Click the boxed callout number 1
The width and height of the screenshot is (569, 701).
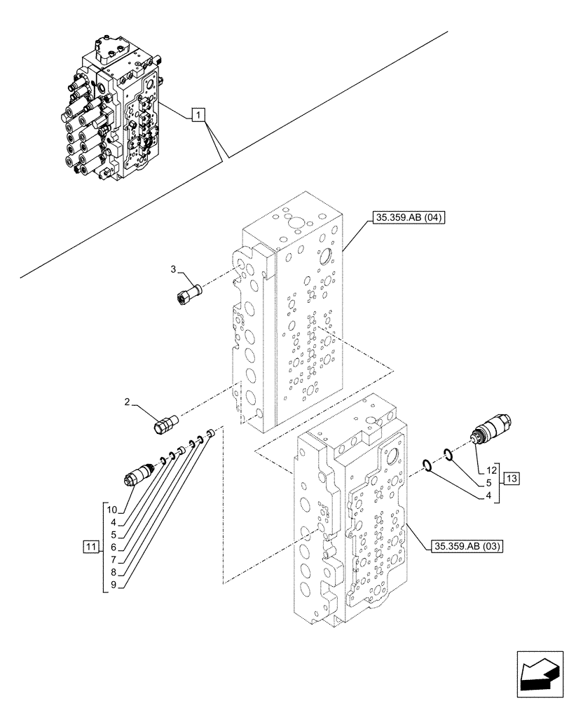click(199, 115)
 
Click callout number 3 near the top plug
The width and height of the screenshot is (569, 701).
click(173, 269)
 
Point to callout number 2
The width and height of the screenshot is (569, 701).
click(127, 402)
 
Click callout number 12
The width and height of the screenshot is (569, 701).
click(491, 468)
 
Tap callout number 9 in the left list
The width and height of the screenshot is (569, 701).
click(112, 583)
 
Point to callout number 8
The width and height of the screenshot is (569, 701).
click(112, 571)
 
